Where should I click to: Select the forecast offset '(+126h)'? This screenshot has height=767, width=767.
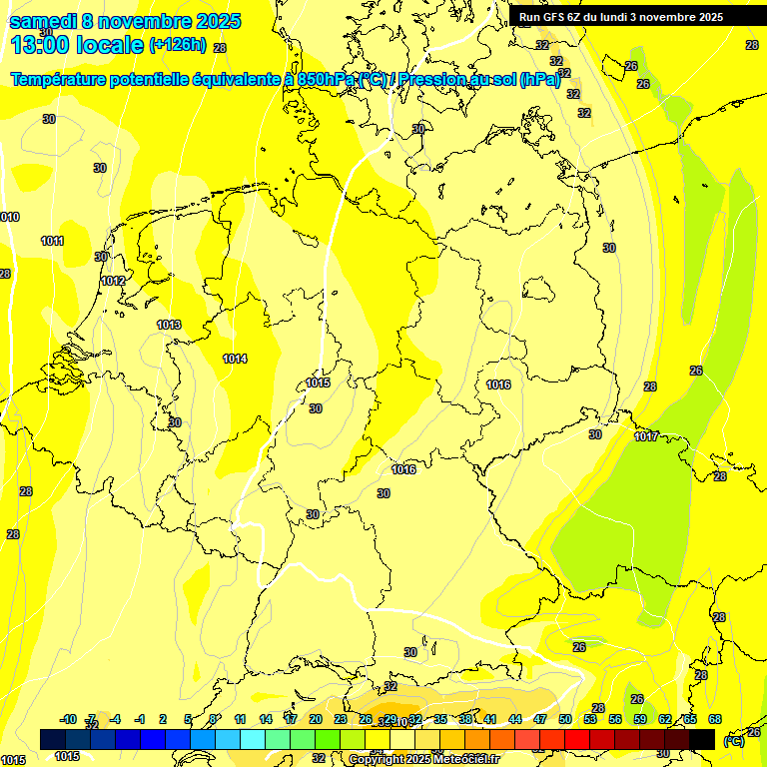(177, 44)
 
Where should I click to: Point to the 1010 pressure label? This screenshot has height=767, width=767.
(9, 217)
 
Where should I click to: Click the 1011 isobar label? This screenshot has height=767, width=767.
(52, 241)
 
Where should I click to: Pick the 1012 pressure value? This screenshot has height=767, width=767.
(113, 281)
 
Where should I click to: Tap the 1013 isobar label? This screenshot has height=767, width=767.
(169, 325)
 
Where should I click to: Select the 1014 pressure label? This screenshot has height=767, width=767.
(235, 359)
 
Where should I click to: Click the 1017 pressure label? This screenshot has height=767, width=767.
(646, 436)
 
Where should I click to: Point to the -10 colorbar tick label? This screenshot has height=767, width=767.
(68, 719)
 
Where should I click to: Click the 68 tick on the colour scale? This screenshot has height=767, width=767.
(714, 719)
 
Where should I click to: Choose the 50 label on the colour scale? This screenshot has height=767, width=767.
(564, 719)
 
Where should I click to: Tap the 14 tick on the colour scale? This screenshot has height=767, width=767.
(266, 719)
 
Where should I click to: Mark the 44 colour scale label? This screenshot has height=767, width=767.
(514, 719)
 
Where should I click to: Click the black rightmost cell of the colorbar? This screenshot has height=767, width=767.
(702, 739)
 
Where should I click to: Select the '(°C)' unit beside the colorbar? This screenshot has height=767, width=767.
(734, 740)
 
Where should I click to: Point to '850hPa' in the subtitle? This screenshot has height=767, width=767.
(326, 79)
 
